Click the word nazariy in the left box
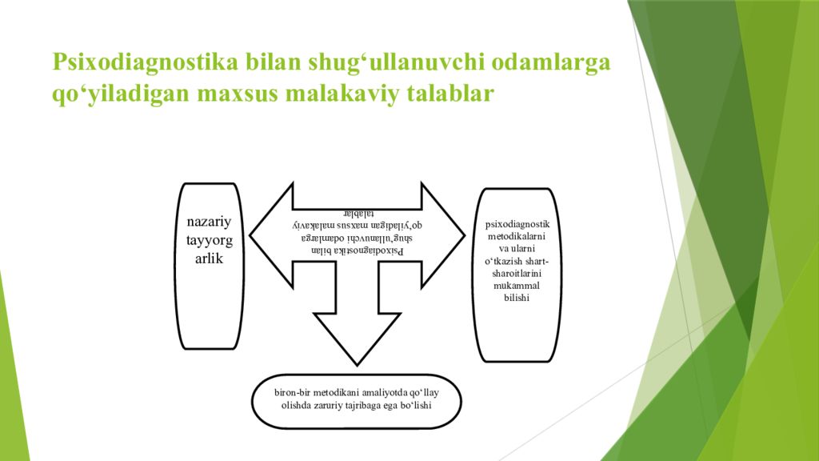click(x=210, y=222)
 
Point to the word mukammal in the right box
click(x=517, y=285)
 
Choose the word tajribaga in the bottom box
click(x=366, y=407)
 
